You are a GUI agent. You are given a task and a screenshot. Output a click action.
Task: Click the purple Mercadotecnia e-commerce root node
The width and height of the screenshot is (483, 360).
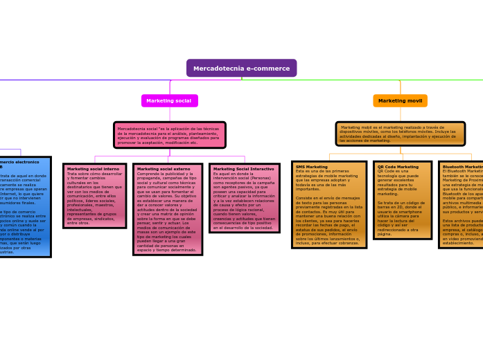click(x=241, y=69)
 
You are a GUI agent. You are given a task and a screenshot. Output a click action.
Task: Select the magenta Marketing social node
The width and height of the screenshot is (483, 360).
click(x=169, y=101)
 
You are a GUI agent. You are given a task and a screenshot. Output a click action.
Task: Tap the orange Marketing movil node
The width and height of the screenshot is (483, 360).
click(x=400, y=101)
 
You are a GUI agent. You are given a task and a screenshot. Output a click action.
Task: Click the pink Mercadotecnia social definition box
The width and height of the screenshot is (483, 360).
click(x=170, y=135)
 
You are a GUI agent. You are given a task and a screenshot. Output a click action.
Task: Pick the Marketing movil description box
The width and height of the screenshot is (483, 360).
click(x=400, y=134)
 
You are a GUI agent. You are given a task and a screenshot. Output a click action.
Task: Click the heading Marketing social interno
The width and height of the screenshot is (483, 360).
click(x=93, y=169)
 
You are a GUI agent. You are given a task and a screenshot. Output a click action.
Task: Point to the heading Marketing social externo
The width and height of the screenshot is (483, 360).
click(x=163, y=169)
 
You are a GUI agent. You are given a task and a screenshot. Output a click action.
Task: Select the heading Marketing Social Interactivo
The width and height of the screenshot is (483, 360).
click(x=243, y=169)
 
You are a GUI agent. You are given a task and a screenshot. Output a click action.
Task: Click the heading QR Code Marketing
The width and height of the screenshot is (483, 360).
click(x=398, y=167)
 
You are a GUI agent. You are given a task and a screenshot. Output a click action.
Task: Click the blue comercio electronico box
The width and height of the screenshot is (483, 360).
click(x=24, y=208)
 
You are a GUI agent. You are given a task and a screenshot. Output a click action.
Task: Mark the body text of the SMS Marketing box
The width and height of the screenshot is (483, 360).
click(x=328, y=208)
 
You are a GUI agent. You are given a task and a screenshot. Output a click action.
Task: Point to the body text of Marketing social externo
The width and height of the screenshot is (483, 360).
click(x=167, y=211)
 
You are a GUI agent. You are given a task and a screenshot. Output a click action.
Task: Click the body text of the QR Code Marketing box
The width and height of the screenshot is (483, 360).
click(x=402, y=204)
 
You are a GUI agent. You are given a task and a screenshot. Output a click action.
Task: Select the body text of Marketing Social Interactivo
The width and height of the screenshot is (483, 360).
click(x=243, y=201)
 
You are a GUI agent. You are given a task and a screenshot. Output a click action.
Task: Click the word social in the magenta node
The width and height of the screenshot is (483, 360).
click(x=182, y=101)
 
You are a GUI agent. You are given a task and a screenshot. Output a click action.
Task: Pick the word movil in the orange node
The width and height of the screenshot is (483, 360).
click(x=414, y=101)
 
